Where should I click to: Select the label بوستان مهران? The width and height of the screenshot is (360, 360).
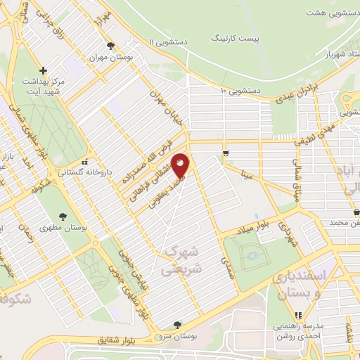(112, 57)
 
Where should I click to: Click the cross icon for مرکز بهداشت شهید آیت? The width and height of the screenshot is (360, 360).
(44, 70)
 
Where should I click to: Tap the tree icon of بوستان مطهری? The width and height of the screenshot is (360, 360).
(63, 217)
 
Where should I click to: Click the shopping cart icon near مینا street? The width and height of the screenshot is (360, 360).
(225, 153)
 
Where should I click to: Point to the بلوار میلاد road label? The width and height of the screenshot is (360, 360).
(253, 229)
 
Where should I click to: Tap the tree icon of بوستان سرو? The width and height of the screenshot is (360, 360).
(176, 324)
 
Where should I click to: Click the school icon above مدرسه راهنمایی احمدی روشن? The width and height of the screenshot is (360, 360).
(299, 316)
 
